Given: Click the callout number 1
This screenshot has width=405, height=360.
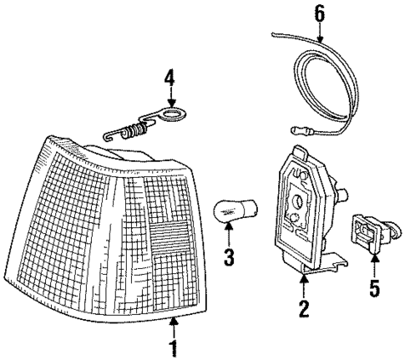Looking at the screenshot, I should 174,347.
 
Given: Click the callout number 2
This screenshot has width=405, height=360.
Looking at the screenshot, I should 304,310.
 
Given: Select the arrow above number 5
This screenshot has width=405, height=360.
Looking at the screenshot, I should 375,270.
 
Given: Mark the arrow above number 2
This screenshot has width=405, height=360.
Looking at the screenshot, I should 304,288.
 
